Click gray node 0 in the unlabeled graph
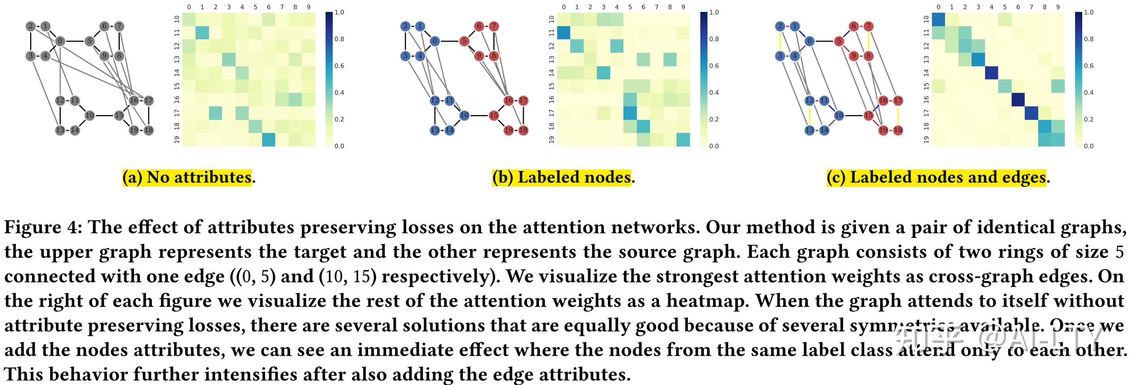[x=60, y=41]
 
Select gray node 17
[x=149, y=101]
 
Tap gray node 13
[x=60, y=130]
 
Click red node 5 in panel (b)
[x=464, y=41]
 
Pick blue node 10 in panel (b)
[x=464, y=115]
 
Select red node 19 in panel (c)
[x=883, y=130]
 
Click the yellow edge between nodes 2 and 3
[x=780, y=41]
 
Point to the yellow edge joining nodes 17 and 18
[x=898, y=115]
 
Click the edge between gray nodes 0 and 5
[x=75, y=41]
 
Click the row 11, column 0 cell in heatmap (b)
[x=564, y=33]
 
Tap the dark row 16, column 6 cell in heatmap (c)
[x=1018, y=100]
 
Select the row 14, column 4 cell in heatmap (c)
[x=991, y=73]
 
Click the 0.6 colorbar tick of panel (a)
[x=339, y=66]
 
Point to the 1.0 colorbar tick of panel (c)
[x=1089, y=12]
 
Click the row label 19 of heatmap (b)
[x=552, y=140]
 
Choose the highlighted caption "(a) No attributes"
[x=187, y=177]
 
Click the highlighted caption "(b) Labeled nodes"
[x=562, y=177]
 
